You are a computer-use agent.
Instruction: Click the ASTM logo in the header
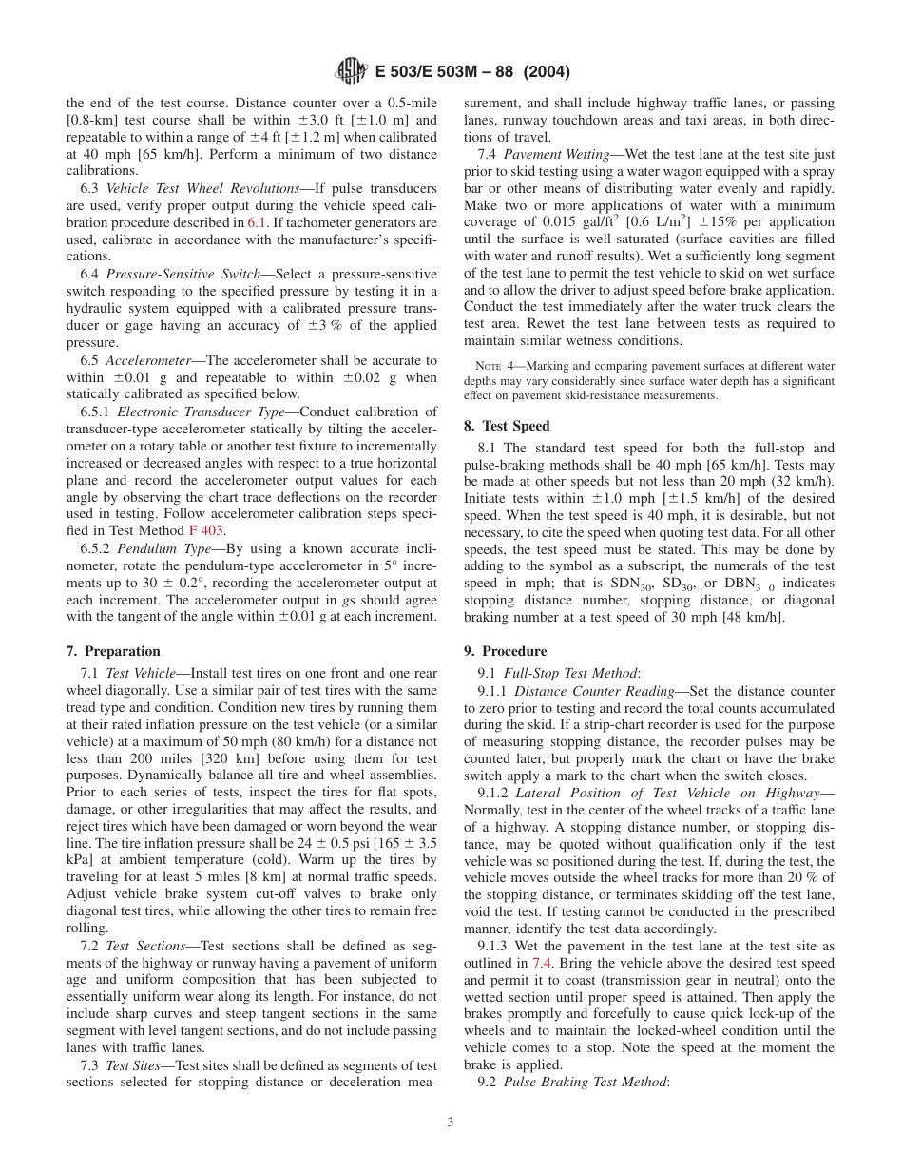(351, 70)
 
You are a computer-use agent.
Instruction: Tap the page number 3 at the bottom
(451, 1122)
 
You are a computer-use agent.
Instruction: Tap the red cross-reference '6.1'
(258, 222)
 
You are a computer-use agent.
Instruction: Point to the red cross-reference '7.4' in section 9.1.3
(542, 963)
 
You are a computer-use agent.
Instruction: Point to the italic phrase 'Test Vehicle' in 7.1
(144, 673)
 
